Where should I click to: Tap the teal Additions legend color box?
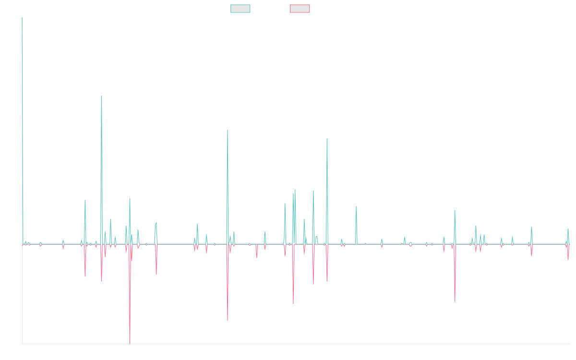pyautogui.click(x=240, y=9)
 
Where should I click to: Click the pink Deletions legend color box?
pyautogui.click(x=300, y=9)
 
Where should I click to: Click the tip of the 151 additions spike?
pyautogui.click(x=101, y=96)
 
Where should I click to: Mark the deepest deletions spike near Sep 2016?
pyautogui.click(x=130, y=343)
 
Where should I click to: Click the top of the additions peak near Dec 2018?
pyautogui.click(x=228, y=130)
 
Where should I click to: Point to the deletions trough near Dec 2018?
pyautogui.click(x=228, y=320)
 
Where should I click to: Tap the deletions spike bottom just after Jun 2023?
pyautogui.click(x=455, y=301)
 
